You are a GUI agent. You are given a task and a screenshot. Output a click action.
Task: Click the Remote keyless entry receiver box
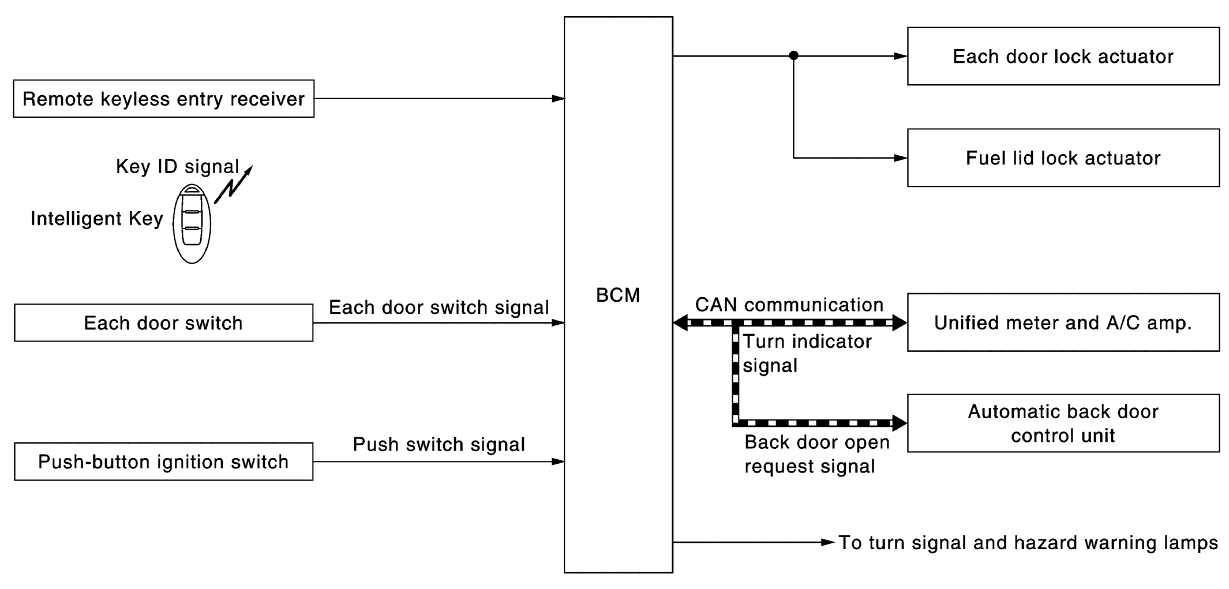163,99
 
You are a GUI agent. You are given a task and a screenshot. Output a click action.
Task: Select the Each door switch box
163,323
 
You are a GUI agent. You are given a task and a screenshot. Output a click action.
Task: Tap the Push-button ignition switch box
163,462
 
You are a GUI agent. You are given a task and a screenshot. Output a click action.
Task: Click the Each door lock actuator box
1063,57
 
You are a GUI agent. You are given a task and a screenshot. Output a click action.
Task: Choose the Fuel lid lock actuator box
1063,158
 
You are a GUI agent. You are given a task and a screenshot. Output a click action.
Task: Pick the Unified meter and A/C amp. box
1063,322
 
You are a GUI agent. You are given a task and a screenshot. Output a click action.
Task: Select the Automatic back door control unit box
1063,423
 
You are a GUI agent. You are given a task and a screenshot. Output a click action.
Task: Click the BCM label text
618,295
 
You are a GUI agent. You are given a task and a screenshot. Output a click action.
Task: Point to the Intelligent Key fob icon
192,224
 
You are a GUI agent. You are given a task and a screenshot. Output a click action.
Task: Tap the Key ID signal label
177,167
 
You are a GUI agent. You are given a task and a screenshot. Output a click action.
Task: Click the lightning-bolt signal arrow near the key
233,185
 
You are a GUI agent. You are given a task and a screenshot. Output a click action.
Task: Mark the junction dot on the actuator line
793,56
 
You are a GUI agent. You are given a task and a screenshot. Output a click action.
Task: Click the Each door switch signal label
439,307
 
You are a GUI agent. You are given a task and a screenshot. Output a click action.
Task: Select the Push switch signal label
439,445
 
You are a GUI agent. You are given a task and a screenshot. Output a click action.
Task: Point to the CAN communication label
789,305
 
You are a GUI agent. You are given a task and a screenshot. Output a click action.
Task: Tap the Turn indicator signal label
806,354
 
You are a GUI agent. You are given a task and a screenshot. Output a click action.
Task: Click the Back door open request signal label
816,454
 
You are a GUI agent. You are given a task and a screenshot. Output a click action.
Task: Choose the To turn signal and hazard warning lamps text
1028,543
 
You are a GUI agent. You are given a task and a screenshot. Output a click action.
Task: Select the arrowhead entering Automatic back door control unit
899,423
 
